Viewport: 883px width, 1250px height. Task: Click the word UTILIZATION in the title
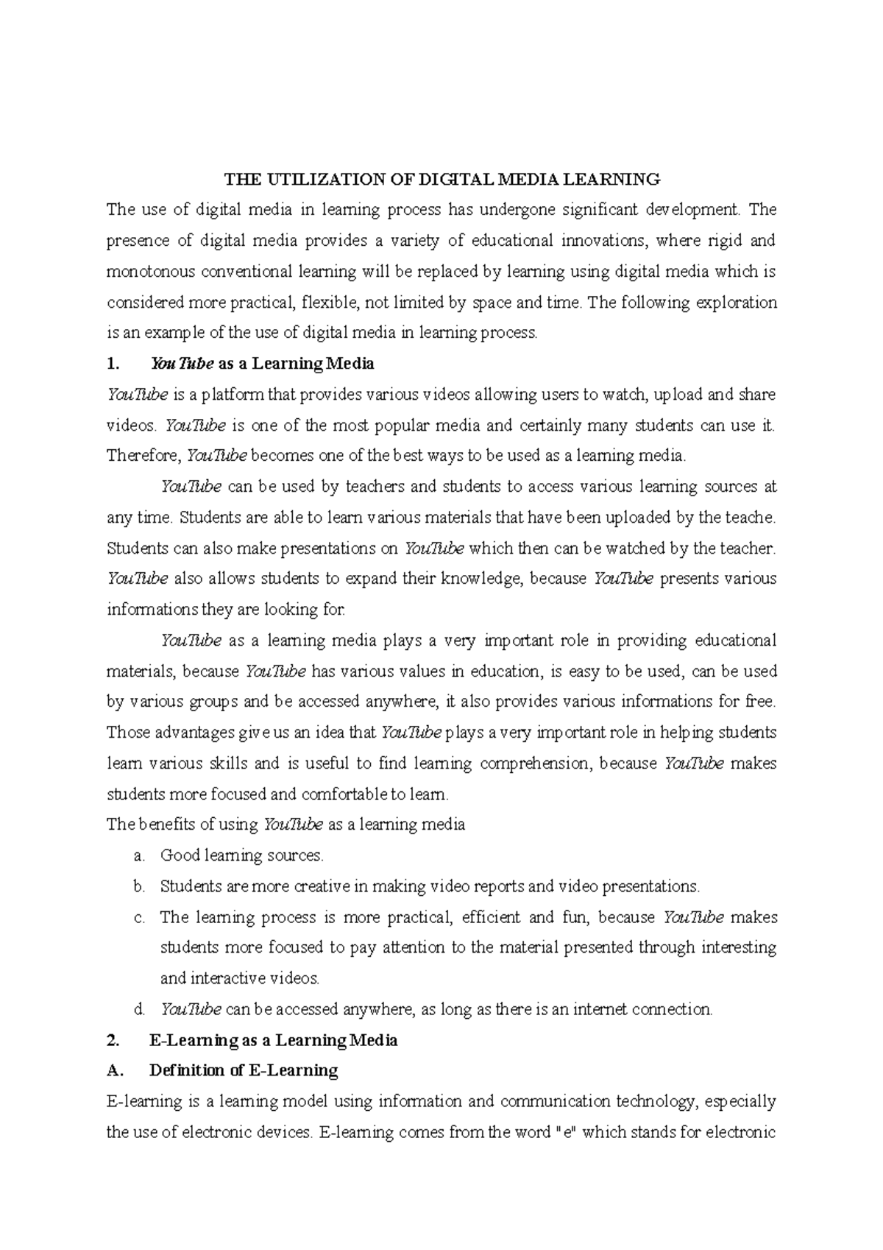coord(332,179)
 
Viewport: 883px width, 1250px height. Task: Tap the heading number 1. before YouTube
coord(112,364)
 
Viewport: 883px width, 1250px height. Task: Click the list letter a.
coord(138,856)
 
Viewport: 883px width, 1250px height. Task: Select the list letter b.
coord(138,886)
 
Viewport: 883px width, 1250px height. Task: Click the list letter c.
coord(138,918)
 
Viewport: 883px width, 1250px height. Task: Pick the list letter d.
coord(138,1010)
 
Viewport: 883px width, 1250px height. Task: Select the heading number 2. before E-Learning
coord(112,1041)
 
